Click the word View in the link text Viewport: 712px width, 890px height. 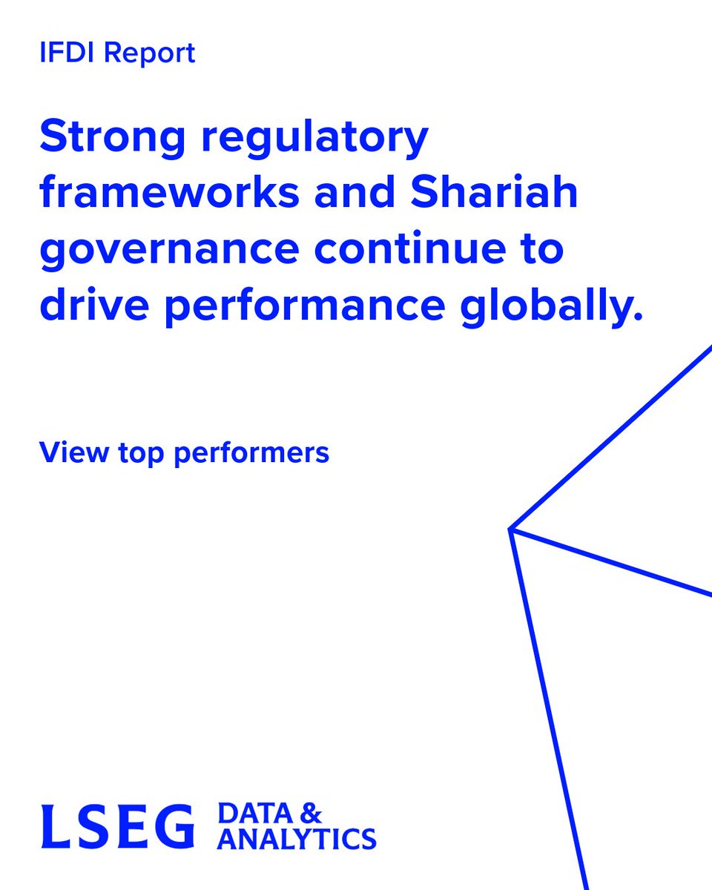(67, 452)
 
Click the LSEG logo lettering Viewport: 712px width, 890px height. (117, 825)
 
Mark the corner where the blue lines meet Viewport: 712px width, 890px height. (511, 529)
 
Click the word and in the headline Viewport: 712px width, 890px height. (349, 193)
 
